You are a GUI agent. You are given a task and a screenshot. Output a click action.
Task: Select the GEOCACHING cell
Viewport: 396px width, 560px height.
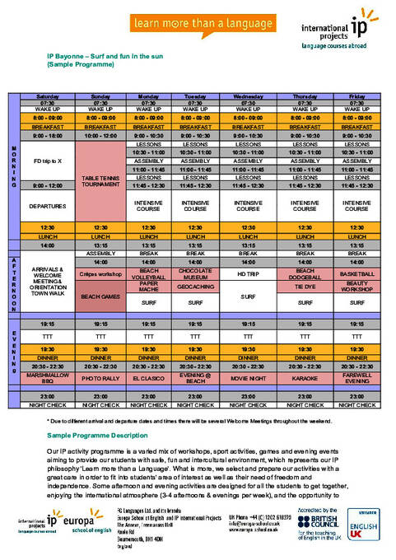[x=195, y=289]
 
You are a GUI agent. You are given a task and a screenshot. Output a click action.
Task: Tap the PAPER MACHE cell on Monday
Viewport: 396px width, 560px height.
[x=148, y=289]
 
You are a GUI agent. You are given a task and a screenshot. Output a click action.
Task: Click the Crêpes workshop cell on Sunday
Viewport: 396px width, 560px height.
[x=101, y=273]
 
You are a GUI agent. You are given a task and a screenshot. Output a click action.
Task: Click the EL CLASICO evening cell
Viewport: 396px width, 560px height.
[x=148, y=381]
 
